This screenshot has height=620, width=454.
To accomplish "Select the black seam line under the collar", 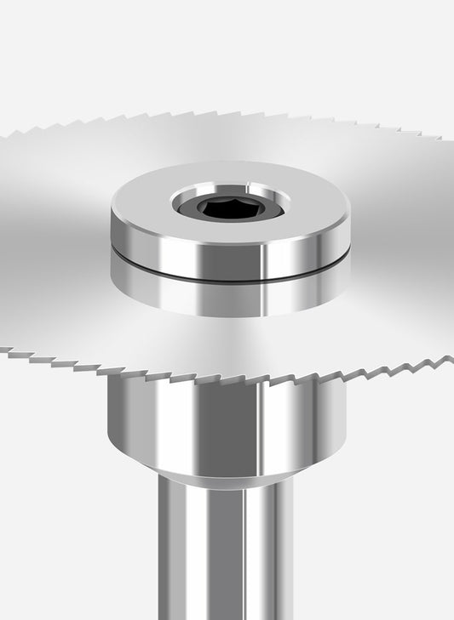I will point(230,277).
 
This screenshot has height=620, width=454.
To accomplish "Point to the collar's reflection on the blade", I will point(230,298).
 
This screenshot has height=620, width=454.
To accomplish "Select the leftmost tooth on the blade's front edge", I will point(7,350).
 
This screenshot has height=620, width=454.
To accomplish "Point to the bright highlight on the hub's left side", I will point(136,425).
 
